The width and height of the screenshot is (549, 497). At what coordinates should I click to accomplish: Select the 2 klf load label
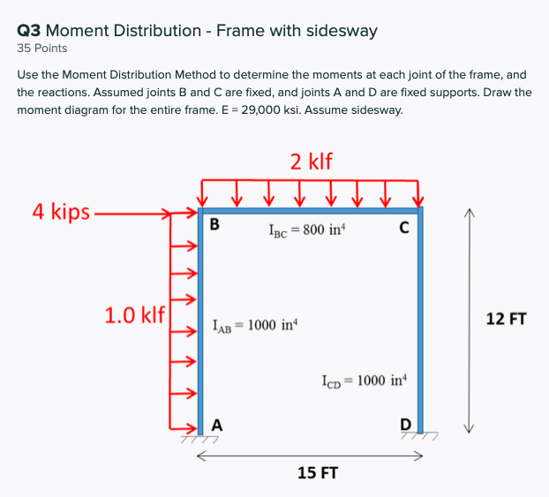[x=312, y=161]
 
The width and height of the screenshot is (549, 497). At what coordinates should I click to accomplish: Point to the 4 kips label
[x=61, y=211]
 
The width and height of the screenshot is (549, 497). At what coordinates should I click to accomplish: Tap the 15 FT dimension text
[x=319, y=473]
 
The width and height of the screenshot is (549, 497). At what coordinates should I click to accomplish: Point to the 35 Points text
[x=42, y=49]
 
